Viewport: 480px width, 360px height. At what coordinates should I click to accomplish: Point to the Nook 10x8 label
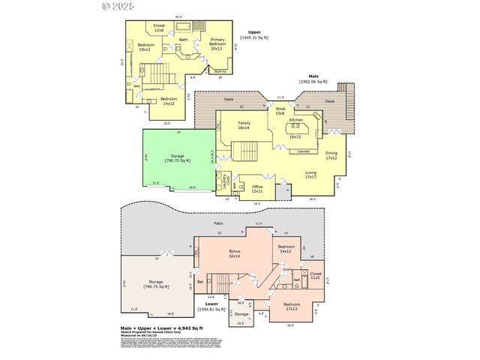(x=280, y=112)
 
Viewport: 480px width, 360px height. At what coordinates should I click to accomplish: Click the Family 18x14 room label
(x=244, y=125)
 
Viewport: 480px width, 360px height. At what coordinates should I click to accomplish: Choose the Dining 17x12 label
(x=331, y=156)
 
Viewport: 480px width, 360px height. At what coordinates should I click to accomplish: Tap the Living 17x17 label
(x=311, y=175)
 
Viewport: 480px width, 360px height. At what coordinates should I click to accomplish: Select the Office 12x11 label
(x=257, y=187)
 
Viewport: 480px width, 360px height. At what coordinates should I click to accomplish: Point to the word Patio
(x=218, y=223)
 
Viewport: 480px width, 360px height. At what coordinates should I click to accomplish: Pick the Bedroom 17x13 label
(x=292, y=307)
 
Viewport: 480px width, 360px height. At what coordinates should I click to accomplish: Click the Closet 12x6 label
(x=159, y=28)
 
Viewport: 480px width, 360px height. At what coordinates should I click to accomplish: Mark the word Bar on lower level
(x=200, y=283)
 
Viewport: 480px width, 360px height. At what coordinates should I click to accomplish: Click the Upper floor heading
(x=254, y=31)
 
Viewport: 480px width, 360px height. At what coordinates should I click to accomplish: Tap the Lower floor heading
(x=201, y=303)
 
